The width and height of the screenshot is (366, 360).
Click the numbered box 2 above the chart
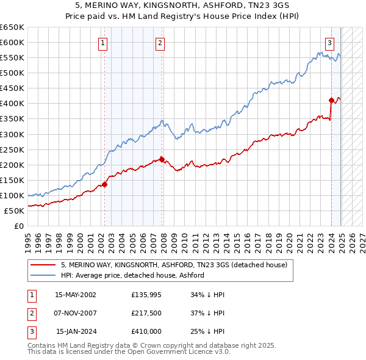[x=159, y=43]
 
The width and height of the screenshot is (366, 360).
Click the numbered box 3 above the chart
[x=329, y=43]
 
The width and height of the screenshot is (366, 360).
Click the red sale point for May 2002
[x=104, y=184]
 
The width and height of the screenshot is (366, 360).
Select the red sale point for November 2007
[x=162, y=159]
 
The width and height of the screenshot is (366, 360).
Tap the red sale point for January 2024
[x=331, y=100]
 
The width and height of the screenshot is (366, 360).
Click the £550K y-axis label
[x=12, y=57]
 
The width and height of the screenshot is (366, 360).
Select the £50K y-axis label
[x=14, y=211]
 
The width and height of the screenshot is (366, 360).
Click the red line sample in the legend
[x=43, y=265]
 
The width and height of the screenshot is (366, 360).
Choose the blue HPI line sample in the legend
[x=43, y=275]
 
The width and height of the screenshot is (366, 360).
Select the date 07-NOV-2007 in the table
[x=76, y=313]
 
